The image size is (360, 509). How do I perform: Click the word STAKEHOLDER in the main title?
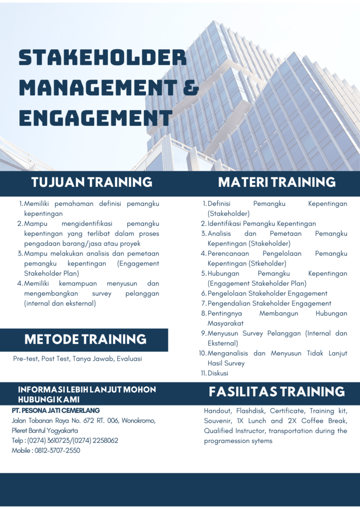(102, 58)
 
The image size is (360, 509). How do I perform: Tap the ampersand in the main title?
(191, 87)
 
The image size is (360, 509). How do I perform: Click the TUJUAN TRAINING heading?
(92, 182)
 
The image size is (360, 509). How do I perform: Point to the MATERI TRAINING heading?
(277, 182)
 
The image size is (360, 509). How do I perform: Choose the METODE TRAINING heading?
(86, 339)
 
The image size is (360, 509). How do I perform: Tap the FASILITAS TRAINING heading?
(277, 392)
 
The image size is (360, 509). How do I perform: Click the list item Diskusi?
(218, 373)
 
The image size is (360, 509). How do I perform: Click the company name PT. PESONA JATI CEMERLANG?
(56, 411)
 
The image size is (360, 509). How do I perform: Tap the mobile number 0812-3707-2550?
(58, 450)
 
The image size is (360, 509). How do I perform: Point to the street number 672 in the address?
(89, 421)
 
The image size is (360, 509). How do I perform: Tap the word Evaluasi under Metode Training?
(129, 359)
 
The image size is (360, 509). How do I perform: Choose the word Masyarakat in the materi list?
(226, 323)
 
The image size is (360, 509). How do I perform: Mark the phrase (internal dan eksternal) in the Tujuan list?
(60, 304)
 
